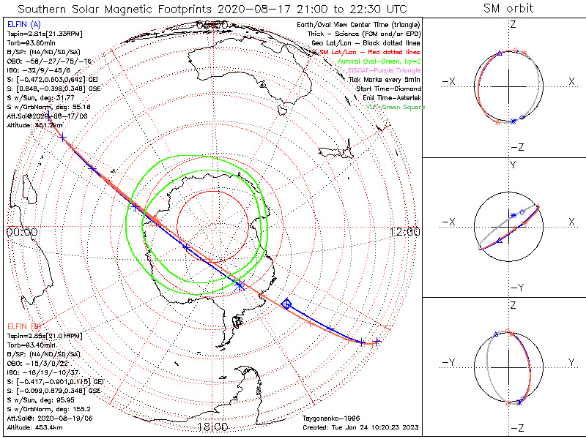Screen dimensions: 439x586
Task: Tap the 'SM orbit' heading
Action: point(508,9)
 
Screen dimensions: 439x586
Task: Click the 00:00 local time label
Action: point(22,231)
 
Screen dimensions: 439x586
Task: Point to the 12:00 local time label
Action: point(404,231)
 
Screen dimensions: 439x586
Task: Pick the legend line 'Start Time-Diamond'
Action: point(384,88)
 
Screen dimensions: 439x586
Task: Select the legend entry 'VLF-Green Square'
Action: point(395,107)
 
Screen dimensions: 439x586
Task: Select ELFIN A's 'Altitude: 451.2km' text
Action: point(34,124)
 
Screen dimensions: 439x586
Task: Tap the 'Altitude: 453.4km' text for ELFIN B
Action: point(34,427)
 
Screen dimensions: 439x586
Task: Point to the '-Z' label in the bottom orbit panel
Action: point(516,427)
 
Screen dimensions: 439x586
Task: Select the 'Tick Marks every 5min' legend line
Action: point(384,79)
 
